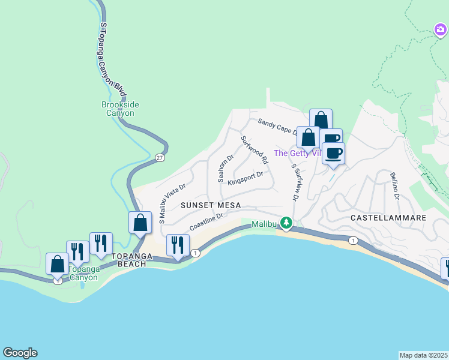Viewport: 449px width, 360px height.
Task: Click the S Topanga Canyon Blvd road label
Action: (x=113, y=61)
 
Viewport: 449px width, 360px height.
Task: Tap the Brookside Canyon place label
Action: (x=120, y=109)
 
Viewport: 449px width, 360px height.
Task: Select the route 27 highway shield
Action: (x=159, y=158)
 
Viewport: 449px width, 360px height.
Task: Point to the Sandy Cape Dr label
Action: (x=277, y=127)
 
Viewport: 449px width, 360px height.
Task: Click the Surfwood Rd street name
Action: (x=254, y=150)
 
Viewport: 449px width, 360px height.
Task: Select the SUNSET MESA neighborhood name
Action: (x=210, y=205)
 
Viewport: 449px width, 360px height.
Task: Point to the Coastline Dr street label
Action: (x=206, y=223)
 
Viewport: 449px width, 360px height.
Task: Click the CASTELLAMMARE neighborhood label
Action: (x=388, y=217)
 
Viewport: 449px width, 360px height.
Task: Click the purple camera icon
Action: (x=441, y=29)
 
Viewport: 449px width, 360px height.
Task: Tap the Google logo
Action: (x=20, y=353)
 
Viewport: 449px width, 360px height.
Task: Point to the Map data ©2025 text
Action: (x=423, y=355)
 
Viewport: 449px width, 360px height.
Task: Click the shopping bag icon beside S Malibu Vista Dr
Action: (x=140, y=223)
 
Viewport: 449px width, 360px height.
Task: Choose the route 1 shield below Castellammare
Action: (x=354, y=241)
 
